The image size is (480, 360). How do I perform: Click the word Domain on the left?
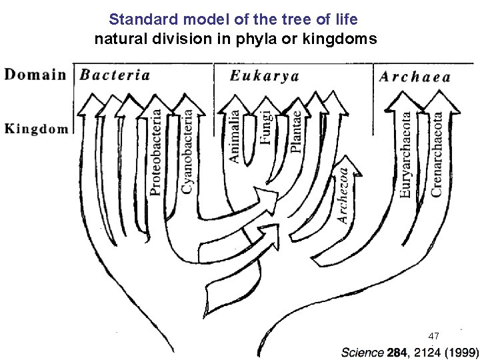pos(35,74)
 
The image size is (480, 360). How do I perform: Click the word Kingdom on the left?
pos(37,128)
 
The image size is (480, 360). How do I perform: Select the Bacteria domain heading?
pos(115,75)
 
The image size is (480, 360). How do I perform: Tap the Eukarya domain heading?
pos(264,75)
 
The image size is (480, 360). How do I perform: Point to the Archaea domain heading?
pos(415,76)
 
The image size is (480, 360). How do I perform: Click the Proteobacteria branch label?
pos(155,153)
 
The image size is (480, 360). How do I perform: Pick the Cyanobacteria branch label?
pos(189,152)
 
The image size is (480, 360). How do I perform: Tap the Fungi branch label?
pos(266,127)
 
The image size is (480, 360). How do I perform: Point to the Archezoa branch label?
pos(343,195)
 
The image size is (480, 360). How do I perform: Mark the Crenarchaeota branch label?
pos(437,153)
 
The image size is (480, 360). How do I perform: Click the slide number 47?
pos(434,335)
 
